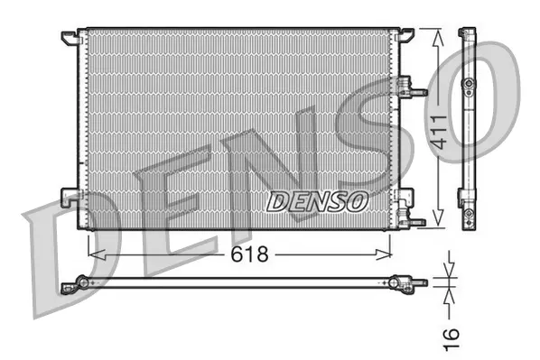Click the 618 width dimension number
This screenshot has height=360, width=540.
click(x=248, y=254)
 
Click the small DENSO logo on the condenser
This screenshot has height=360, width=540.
click(x=316, y=199)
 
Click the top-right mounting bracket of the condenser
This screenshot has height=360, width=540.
click(x=405, y=35)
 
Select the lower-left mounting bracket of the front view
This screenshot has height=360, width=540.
click(x=69, y=194)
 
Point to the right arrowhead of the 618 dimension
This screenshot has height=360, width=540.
click(x=390, y=254)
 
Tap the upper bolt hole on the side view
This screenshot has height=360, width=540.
click(x=468, y=85)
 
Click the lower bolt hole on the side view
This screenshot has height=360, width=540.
click(x=468, y=215)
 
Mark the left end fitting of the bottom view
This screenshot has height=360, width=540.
click(x=79, y=285)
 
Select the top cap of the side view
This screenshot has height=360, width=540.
click(x=467, y=33)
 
